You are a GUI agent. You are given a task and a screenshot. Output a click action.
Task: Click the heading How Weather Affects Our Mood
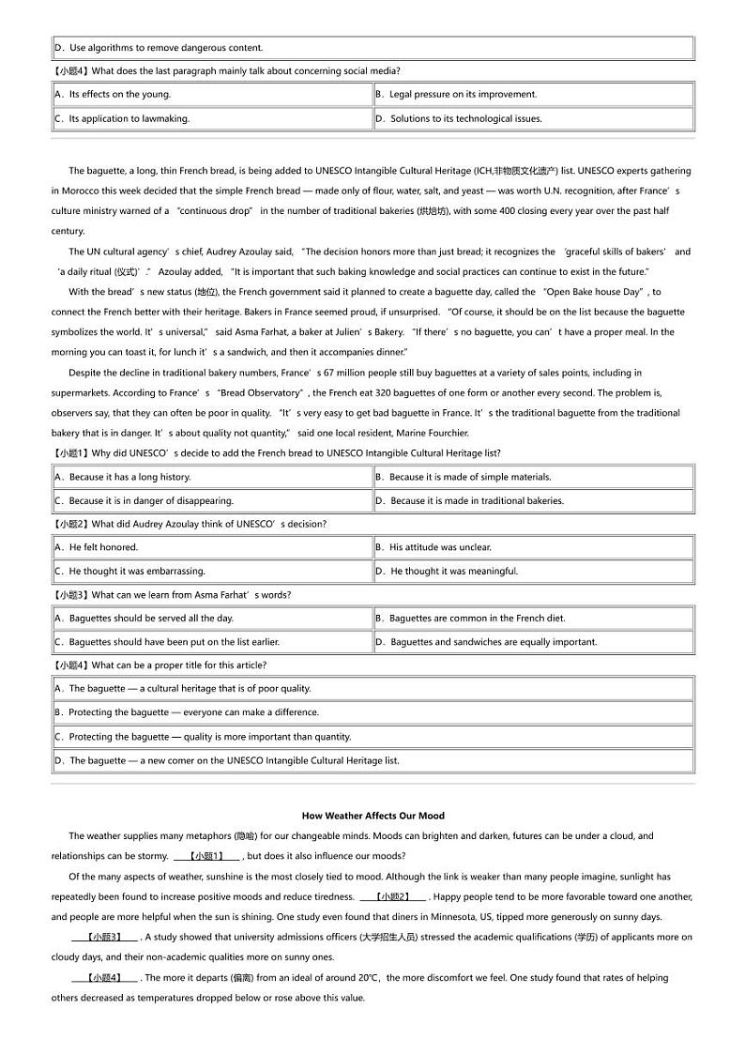pyautogui.click(x=373, y=816)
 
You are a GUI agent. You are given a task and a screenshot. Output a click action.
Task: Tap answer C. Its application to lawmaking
pyautogui.click(x=122, y=119)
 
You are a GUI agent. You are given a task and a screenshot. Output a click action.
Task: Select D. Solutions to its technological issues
pyautogui.click(x=458, y=119)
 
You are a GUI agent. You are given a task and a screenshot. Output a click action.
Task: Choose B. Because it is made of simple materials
pyautogui.click(x=463, y=477)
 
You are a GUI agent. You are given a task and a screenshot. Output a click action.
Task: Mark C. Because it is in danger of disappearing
pyautogui.click(x=144, y=501)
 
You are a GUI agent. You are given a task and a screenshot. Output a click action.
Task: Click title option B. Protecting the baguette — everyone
pyautogui.click(x=187, y=712)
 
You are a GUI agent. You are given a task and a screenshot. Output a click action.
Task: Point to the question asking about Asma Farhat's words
pyautogui.click(x=172, y=595)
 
